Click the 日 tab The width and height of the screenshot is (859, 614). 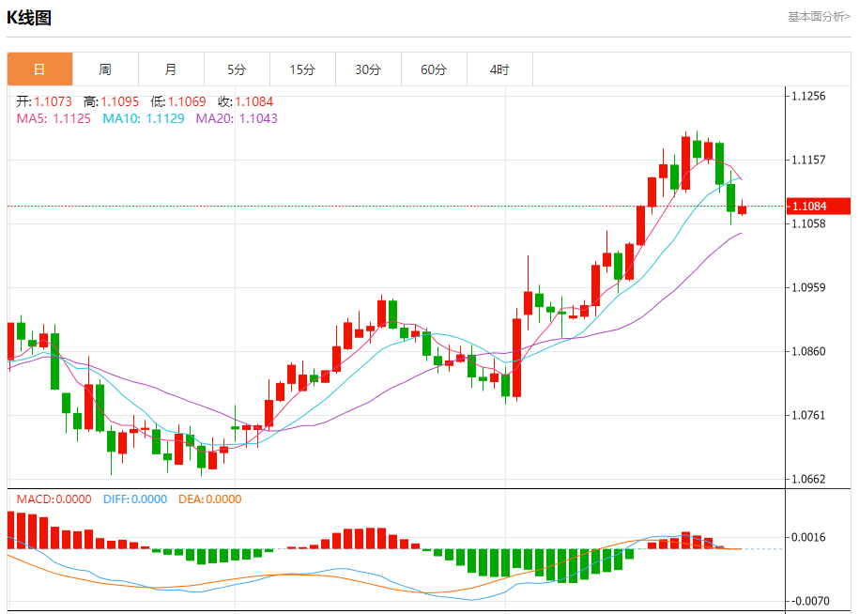coord(39,69)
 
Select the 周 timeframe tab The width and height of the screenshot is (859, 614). coord(105,69)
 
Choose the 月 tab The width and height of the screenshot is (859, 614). coord(171,69)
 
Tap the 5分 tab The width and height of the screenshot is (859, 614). coord(237,69)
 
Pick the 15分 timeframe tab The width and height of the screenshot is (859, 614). coord(302,69)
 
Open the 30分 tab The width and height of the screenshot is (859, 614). coord(368,69)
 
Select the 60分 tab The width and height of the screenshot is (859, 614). coord(434,69)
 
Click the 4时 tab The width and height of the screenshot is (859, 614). coord(499,69)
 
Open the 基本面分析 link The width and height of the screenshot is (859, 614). coord(819,16)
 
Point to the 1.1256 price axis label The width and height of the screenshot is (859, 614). coord(808,96)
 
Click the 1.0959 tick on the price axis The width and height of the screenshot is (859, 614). coord(808,287)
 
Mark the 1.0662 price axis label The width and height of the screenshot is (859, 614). coord(808,479)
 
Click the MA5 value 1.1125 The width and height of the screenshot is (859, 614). coord(71,118)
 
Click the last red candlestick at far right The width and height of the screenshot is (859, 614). coord(742,208)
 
